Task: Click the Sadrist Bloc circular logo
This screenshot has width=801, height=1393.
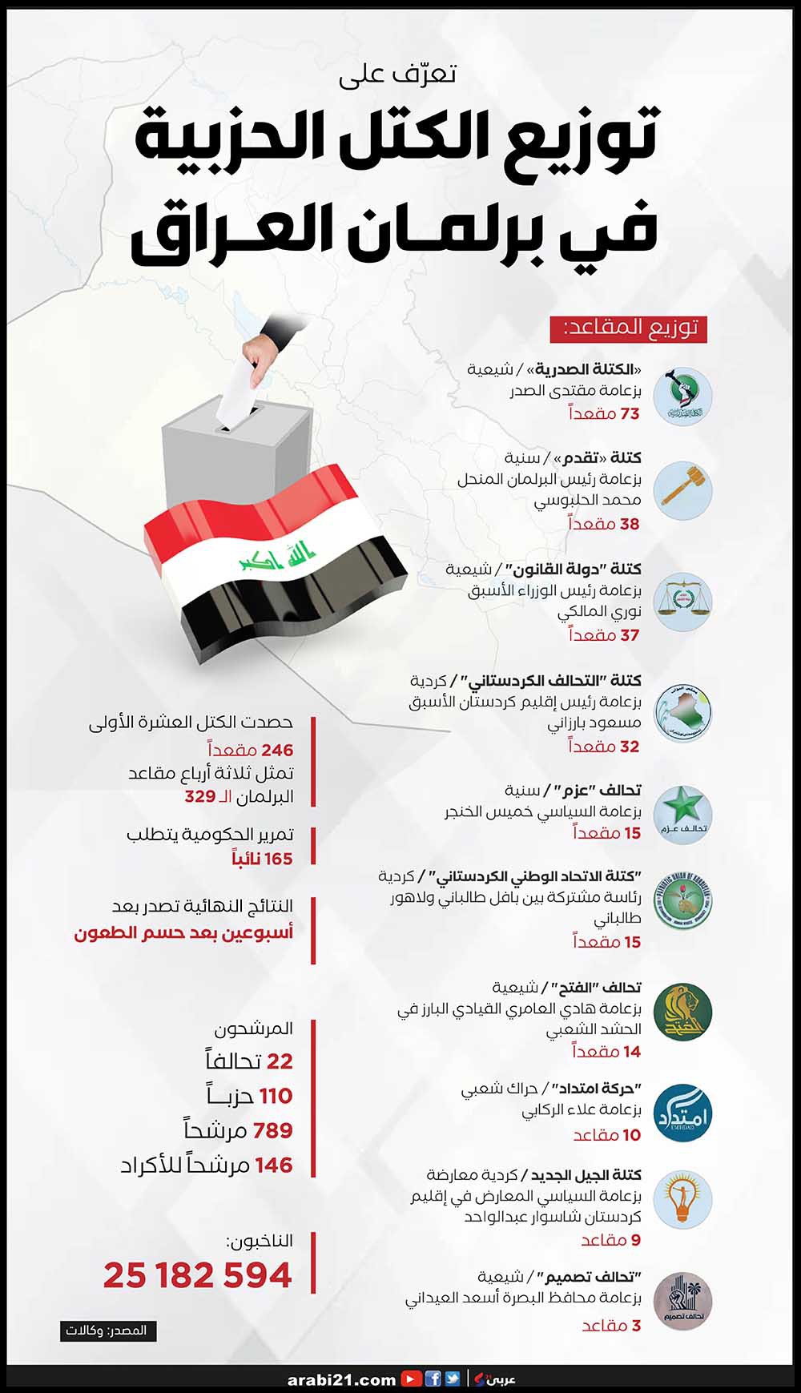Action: pyautogui.click(x=682, y=396)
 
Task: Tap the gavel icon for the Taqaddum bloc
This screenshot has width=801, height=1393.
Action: pyautogui.click(x=682, y=489)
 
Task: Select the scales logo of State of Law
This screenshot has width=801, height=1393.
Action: pyautogui.click(x=682, y=601)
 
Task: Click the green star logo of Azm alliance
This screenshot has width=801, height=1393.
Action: pyautogui.click(x=682, y=814)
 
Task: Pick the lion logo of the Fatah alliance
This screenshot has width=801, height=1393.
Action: pyautogui.click(x=682, y=1012)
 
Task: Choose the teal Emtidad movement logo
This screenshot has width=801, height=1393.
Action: pyautogui.click(x=682, y=1113)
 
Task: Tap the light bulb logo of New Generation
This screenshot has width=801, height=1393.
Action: pyautogui.click(x=682, y=1199)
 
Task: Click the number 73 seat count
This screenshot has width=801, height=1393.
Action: pyautogui.click(x=630, y=413)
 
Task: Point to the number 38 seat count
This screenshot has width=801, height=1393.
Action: pyautogui.click(x=630, y=524)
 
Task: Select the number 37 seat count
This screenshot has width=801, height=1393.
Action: pyautogui.click(x=630, y=635)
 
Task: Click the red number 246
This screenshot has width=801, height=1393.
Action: pyautogui.click(x=277, y=750)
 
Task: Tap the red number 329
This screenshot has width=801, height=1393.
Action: pyautogui.click(x=200, y=796)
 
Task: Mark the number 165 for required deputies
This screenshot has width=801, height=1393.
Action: pyautogui.click(x=278, y=859)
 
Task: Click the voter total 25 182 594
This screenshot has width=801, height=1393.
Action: pyautogui.click(x=198, y=1275)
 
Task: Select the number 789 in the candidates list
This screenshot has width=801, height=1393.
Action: pyautogui.click(x=272, y=1130)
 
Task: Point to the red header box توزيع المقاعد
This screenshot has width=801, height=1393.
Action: pyautogui.click(x=628, y=328)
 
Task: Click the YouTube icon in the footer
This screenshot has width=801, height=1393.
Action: pyautogui.click(x=412, y=1379)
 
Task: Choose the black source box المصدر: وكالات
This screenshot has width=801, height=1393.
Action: pyautogui.click(x=108, y=1331)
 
